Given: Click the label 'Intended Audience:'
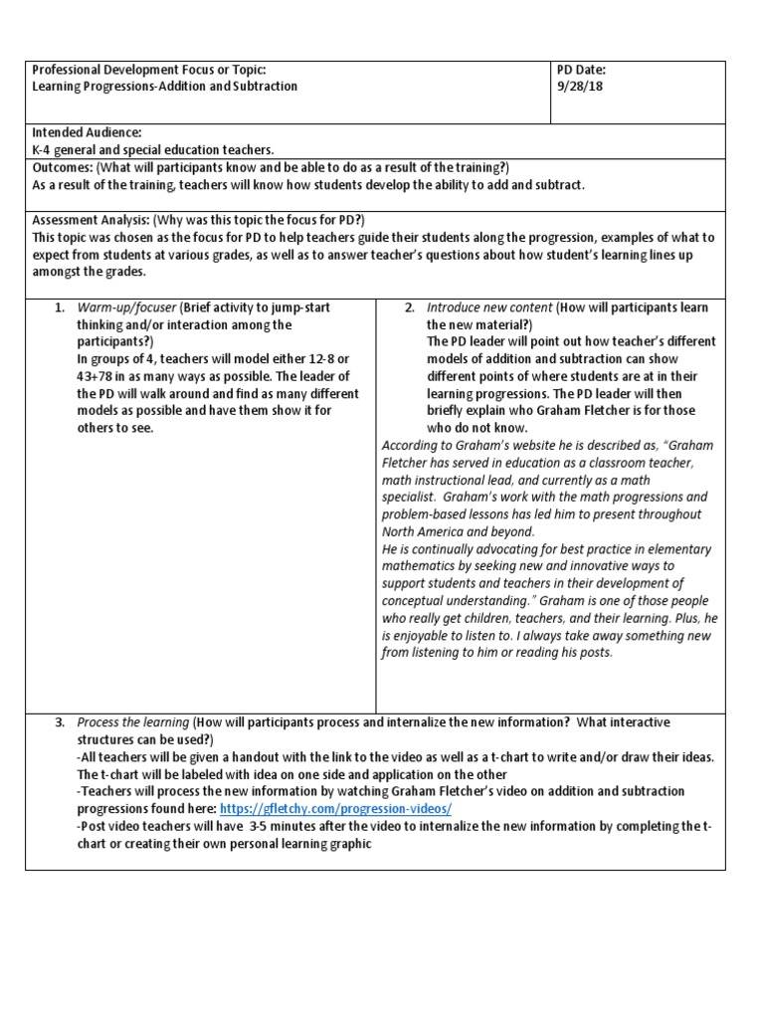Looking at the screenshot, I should tap(88, 132).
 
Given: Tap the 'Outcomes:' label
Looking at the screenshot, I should tap(64, 167).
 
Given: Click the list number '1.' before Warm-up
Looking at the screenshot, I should tap(59, 307).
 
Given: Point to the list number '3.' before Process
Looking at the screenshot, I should tap(60, 722).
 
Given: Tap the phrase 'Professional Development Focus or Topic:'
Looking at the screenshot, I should tap(149, 71).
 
